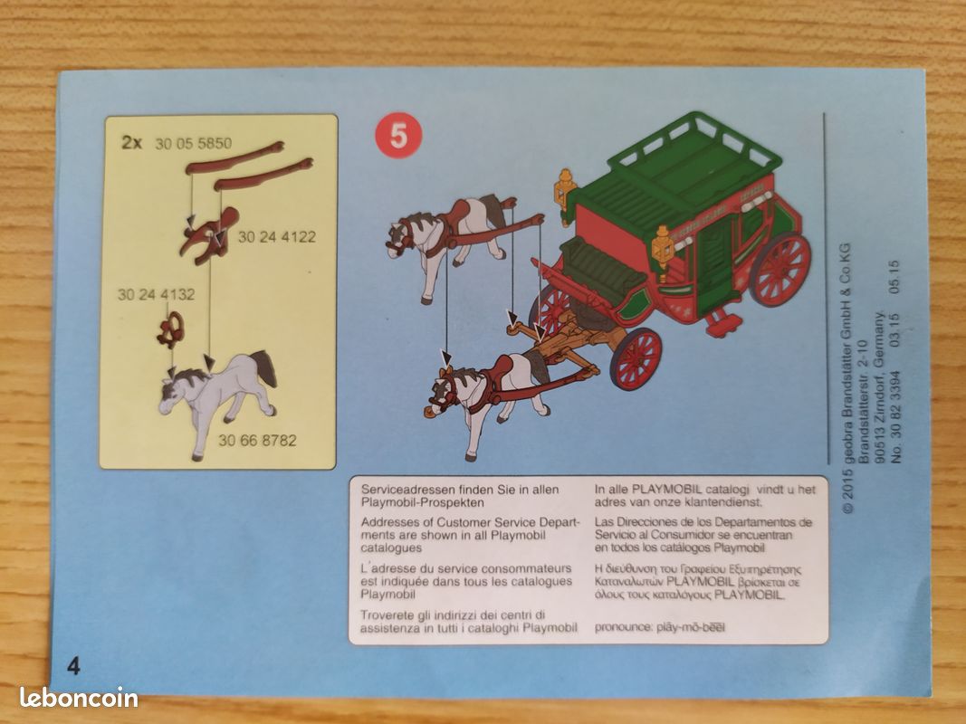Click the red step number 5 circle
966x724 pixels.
(x=398, y=136)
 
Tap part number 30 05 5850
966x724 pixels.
(x=194, y=144)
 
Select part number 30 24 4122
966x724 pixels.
(x=277, y=237)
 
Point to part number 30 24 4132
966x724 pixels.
(x=156, y=294)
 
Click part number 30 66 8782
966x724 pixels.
(x=257, y=440)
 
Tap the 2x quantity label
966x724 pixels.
(x=131, y=143)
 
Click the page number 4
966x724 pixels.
(x=73, y=666)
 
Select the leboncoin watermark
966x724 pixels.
(x=79, y=698)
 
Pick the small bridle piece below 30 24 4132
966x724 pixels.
(x=170, y=330)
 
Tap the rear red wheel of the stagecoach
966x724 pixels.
(x=779, y=270)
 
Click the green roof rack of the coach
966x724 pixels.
(x=694, y=148)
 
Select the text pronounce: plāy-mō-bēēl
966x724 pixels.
(x=660, y=627)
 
